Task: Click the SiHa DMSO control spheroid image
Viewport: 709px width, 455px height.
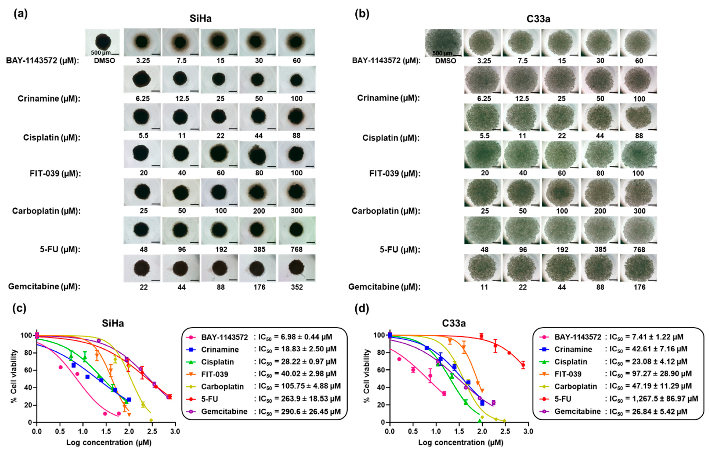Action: [103, 42]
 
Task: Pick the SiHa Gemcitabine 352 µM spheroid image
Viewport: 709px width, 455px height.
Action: [297, 268]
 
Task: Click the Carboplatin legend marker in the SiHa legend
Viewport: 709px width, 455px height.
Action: [191, 386]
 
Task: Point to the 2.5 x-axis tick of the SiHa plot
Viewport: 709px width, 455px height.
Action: [152, 432]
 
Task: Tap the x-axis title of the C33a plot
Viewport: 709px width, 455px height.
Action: [461, 443]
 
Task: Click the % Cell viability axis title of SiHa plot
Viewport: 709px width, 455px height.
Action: [13, 376]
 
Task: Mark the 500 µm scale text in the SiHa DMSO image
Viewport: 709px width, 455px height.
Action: [101, 53]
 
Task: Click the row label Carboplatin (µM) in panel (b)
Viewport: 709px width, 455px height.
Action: [386, 211]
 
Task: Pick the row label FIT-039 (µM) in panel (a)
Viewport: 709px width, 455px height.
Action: [55, 173]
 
